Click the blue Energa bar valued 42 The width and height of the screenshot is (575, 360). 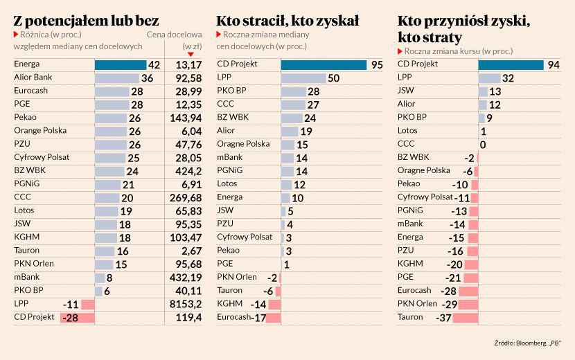(x=120, y=64)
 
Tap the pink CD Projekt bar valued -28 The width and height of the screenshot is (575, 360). (x=77, y=317)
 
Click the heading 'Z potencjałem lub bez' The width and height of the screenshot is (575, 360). (x=86, y=20)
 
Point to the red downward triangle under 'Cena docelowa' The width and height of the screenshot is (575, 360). (x=191, y=54)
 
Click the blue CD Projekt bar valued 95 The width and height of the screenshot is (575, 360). (x=324, y=64)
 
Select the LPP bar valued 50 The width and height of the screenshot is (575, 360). (x=303, y=78)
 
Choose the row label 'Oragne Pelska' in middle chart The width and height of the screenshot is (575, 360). (x=243, y=144)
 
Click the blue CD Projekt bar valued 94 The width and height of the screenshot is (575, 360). (x=511, y=64)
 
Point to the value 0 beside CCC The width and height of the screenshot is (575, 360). (x=483, y=144)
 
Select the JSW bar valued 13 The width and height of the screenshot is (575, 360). (x=483, y=91)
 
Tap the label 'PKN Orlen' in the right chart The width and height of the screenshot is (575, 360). (x=417, y=304)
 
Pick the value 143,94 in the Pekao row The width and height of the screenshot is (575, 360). (x=184, y=118)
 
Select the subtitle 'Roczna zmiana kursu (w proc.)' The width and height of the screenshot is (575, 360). (x=459, y=51)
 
